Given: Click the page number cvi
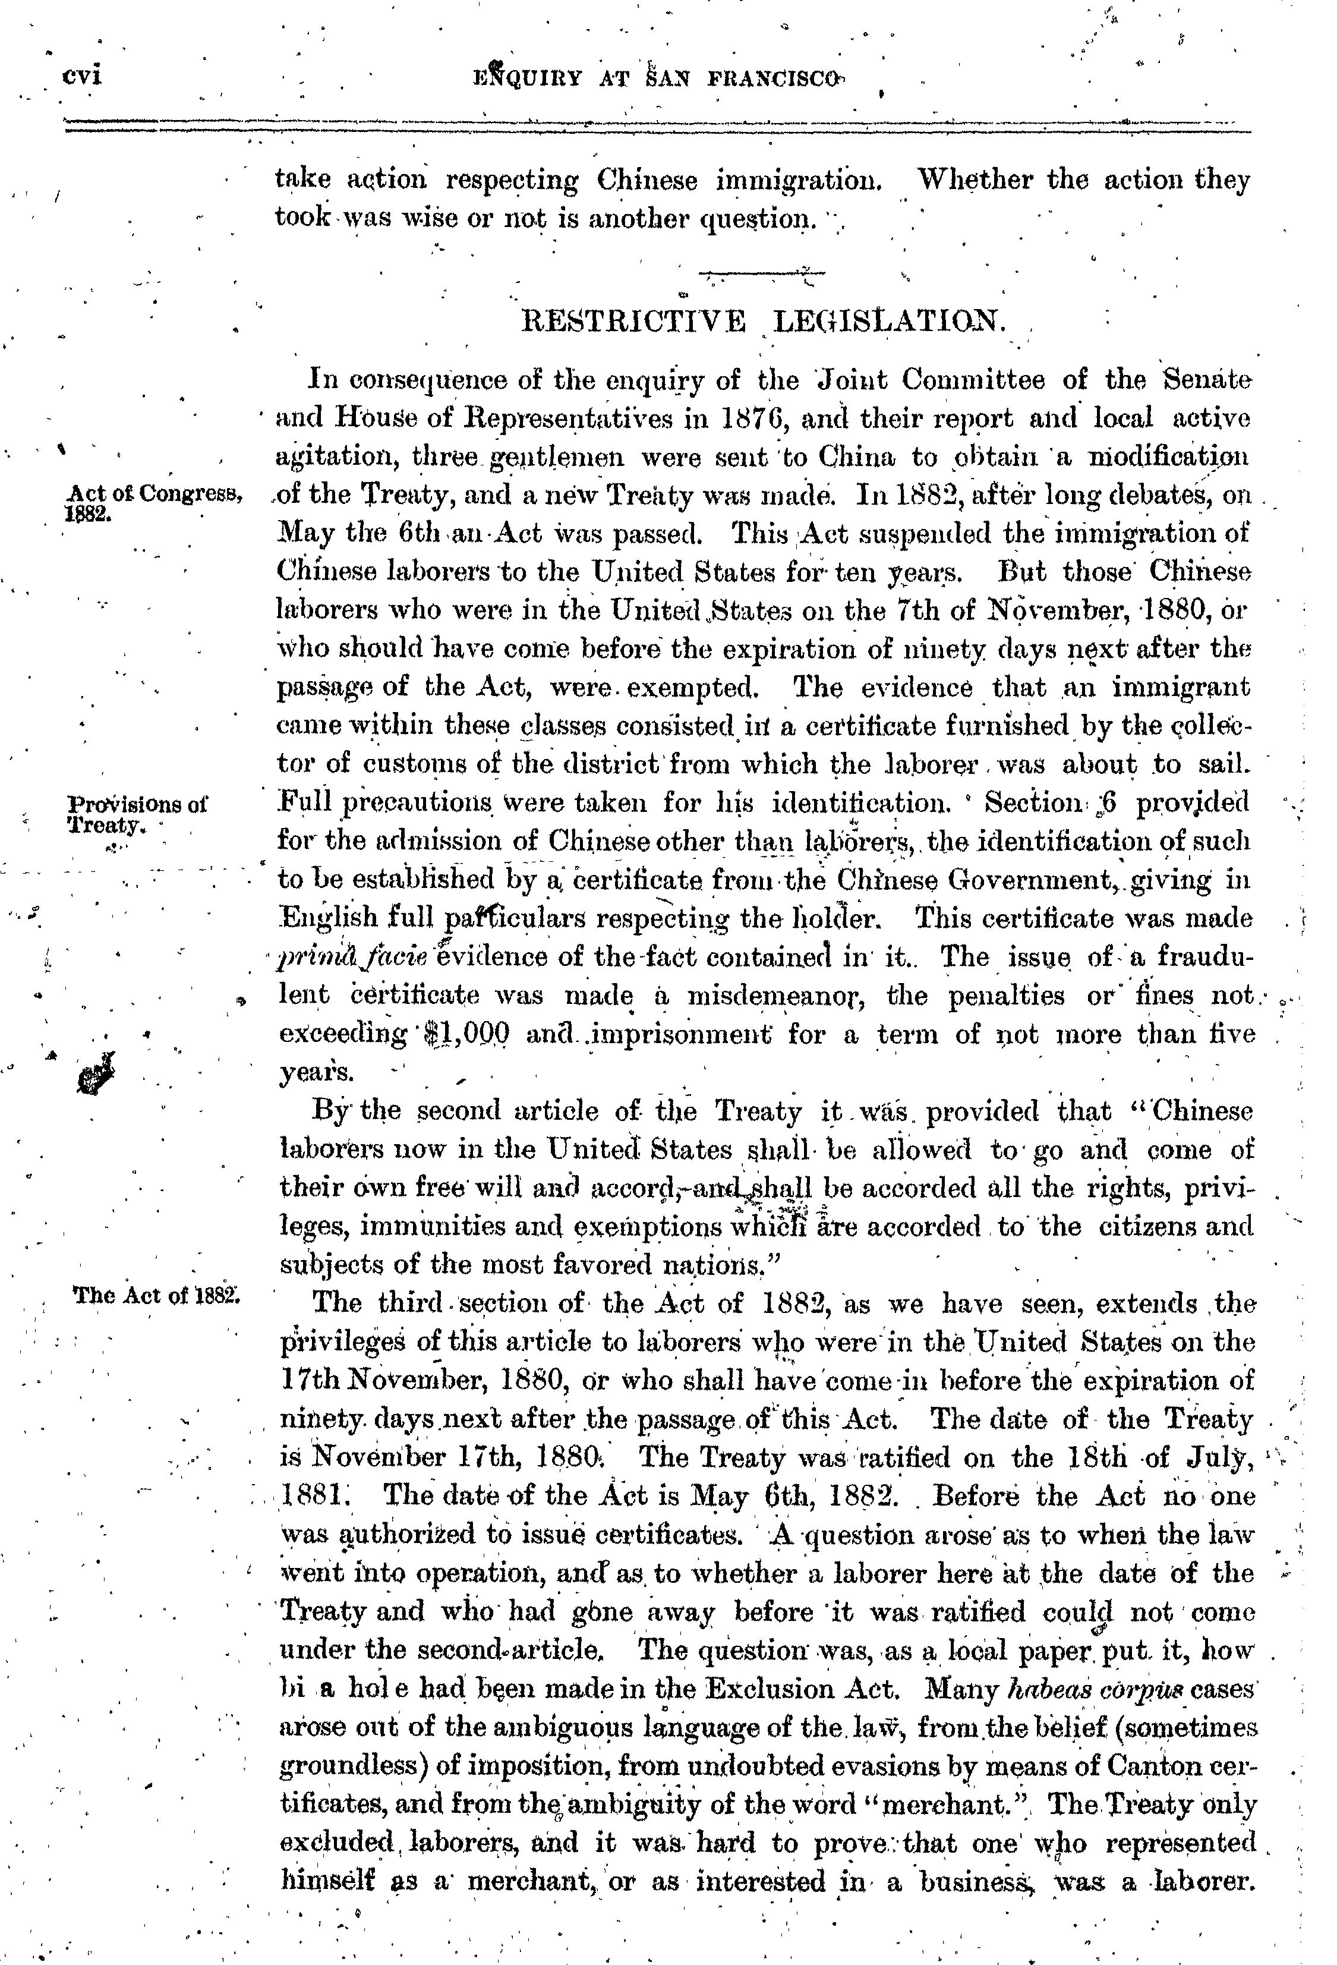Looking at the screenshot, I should (x=83, y=76).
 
